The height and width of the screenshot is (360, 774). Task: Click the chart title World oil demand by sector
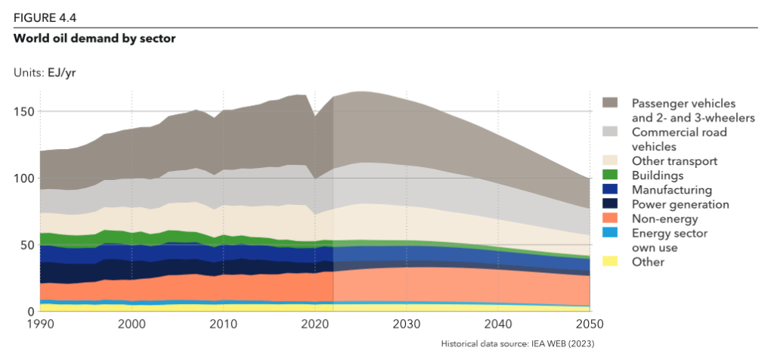tap(94, 37)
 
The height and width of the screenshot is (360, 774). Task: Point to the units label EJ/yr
tap(45, 73)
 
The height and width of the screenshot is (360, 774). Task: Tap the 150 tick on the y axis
tap(24, 112)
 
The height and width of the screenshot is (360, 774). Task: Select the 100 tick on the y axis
tap(24, 178)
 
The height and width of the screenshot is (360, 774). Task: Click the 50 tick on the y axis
tap(27, 245)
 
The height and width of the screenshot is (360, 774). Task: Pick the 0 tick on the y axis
tap(31, 311)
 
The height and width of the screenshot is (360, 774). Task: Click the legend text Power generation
tap(680, 204)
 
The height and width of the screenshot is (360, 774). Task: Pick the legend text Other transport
tap(674, 161)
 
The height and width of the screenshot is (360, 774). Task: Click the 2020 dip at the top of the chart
tap(316, 116)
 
